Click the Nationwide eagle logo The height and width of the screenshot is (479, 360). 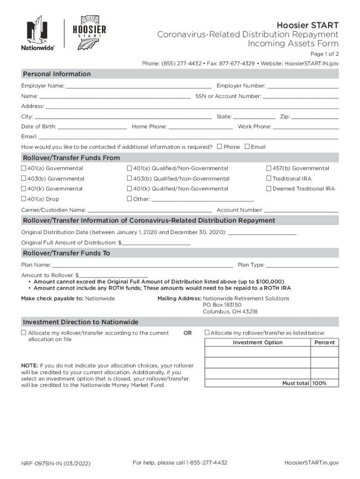pyautogui.click(x=37, y=32)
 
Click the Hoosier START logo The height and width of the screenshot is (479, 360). pyautogui.click(x=89, y=31)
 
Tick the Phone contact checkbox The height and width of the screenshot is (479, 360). pyautogui.click(x=219, y=146)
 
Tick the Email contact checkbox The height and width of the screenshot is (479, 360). pyautogui.click(x=247, y=146)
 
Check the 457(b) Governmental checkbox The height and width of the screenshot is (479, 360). pyautogui.click(x=269, y=168)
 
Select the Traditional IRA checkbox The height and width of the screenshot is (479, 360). pyautogui.click(x=269, y=179)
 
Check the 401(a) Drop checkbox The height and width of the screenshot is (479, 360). pyautogui.click(x=23, y=199)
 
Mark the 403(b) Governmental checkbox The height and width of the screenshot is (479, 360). pyautogui.click(x=23, y=179)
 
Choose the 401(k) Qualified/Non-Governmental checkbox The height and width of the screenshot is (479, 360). pyautogui.click(x=130, y=189)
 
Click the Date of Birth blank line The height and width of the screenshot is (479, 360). pyautogui.click(x=92, y=126)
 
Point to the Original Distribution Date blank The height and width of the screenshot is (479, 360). pyautogui.click(x=262, y=232)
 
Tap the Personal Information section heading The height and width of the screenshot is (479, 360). pyautogui.click(x=57, y=74)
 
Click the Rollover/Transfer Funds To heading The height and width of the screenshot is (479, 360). pyautogui.click(x=66, y=253)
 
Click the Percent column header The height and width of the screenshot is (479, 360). pyautogui.click(x=324, y=342)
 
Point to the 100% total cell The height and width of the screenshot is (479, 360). pyautogui.click(x=320, y=383)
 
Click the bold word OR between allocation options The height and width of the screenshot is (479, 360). pyautogui.click(x=187, y=333)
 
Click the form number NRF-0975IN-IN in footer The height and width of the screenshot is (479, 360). pyautogui.click(x=56, y=464)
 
